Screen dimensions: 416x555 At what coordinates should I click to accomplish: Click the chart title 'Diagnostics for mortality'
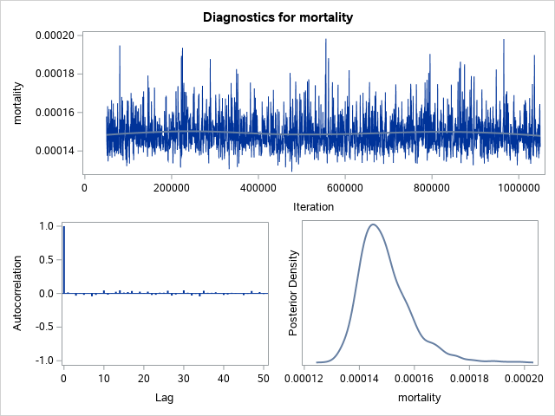coord(277,16)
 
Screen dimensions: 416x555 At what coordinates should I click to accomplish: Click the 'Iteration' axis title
coord(312,207)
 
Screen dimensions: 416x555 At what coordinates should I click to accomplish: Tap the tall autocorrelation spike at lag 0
coord(63,260)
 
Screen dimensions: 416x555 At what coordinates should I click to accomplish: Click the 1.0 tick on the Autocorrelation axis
coord(49,226)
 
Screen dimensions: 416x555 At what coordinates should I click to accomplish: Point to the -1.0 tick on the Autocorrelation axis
coord(47,360)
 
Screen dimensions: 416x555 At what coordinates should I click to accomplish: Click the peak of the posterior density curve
coord(373,224)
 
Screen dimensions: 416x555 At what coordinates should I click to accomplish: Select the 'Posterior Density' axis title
coord(294,293)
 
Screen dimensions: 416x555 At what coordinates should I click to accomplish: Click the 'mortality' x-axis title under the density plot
coord(419,398)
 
